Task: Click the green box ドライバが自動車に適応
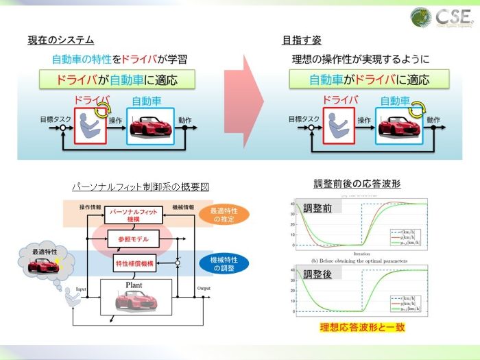point(117,80)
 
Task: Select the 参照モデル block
point(134,239)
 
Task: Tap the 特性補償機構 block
point(134,263)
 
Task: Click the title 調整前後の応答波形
point(357,184)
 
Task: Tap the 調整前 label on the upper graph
point(317,208)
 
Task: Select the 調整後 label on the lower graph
point(317,275)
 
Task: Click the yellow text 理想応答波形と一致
point(362,327)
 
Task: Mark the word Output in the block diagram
point(203,289)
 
